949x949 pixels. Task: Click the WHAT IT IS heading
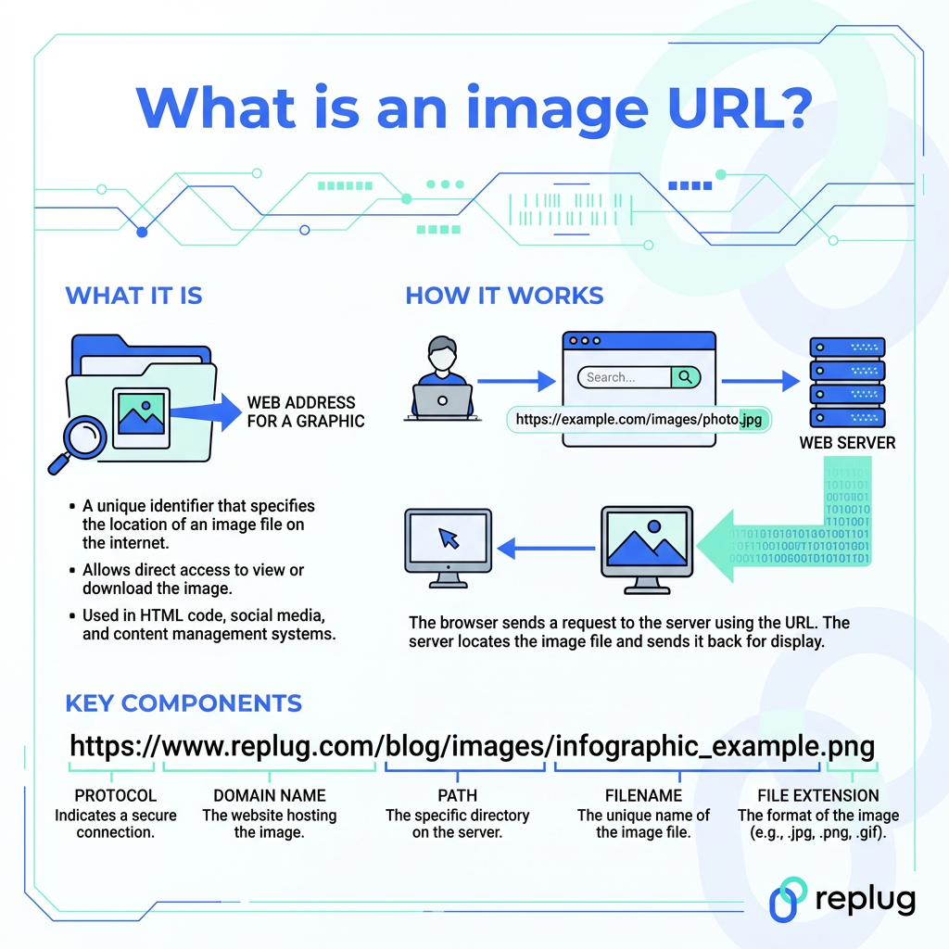(x=133, y=296)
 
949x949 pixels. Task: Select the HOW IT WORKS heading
(x=504, y=296)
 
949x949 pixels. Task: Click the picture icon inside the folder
(x=139, y=412)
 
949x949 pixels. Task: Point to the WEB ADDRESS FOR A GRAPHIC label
(x=305, y=411)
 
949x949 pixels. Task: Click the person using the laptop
(x=441, y=380)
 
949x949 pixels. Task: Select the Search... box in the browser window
(x=623, y=377)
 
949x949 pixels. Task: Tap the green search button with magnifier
(x=686, y=377)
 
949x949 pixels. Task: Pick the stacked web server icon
(x=847, y=381)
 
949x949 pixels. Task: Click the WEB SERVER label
(x=847, y=443)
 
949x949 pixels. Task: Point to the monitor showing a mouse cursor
(x=449, y=546)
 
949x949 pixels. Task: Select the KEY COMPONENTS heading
(x=183, y=702)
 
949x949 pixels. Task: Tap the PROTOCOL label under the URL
(x=116, y=795)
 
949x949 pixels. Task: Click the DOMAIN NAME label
(x=270, y=795)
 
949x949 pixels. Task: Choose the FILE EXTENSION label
(x=817, y=795)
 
